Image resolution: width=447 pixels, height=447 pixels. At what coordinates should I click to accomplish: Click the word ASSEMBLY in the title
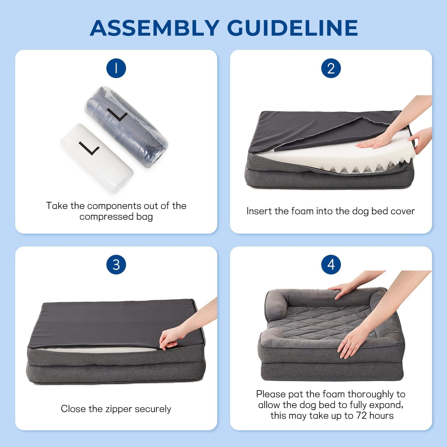pyautogui.click(x=155, y=28)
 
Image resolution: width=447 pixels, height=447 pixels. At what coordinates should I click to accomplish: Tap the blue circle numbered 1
pyautogui.click(x=116, y=68)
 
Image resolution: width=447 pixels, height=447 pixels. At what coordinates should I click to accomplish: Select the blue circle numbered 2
pyautogui.click(x=331, y=68)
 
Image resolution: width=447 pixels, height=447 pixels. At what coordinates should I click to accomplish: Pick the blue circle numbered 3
pyautogui.click(x=116, y=265)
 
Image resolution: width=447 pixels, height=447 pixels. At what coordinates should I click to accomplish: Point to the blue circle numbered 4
pyautogui.click(x=331, y=265)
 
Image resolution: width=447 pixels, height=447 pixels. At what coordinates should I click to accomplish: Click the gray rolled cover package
pyautogui.click(x=127, y=127)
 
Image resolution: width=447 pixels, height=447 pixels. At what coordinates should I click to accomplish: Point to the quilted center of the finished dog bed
pyautogui.click(x=322, y=322)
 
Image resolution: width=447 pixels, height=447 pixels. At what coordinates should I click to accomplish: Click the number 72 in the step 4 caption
pyautogui.click(x=361, y=415)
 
